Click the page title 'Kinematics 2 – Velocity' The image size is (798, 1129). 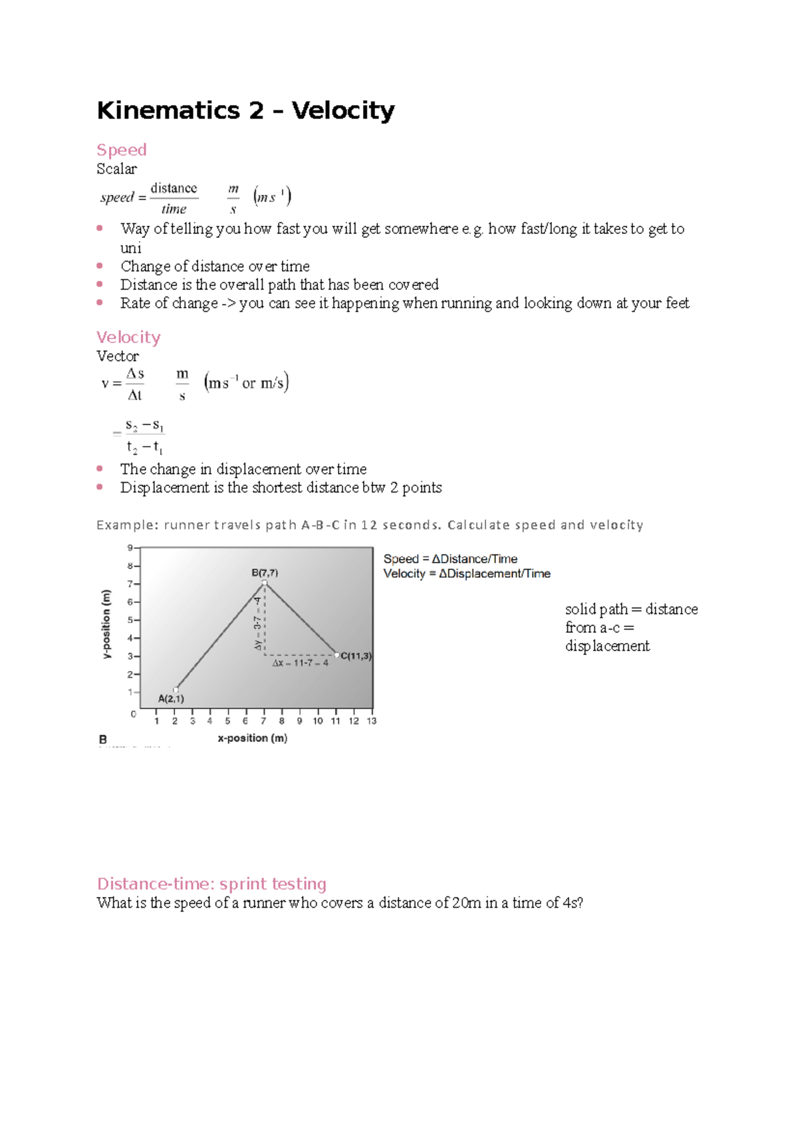245,110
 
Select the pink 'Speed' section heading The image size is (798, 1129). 121,150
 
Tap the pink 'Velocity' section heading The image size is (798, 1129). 128,337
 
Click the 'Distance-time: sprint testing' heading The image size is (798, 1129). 211,884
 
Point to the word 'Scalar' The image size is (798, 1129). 116,169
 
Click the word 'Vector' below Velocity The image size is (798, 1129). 118,356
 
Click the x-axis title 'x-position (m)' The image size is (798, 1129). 252,738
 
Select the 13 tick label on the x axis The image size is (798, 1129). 371,721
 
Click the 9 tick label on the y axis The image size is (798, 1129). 130,548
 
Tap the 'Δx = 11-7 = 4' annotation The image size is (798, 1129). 300,663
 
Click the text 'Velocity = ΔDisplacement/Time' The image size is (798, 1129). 467,574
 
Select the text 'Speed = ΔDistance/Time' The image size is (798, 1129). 450,559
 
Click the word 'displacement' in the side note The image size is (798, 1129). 607,646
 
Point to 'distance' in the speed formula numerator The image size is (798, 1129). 174,188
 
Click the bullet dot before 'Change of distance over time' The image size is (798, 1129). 100,266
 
